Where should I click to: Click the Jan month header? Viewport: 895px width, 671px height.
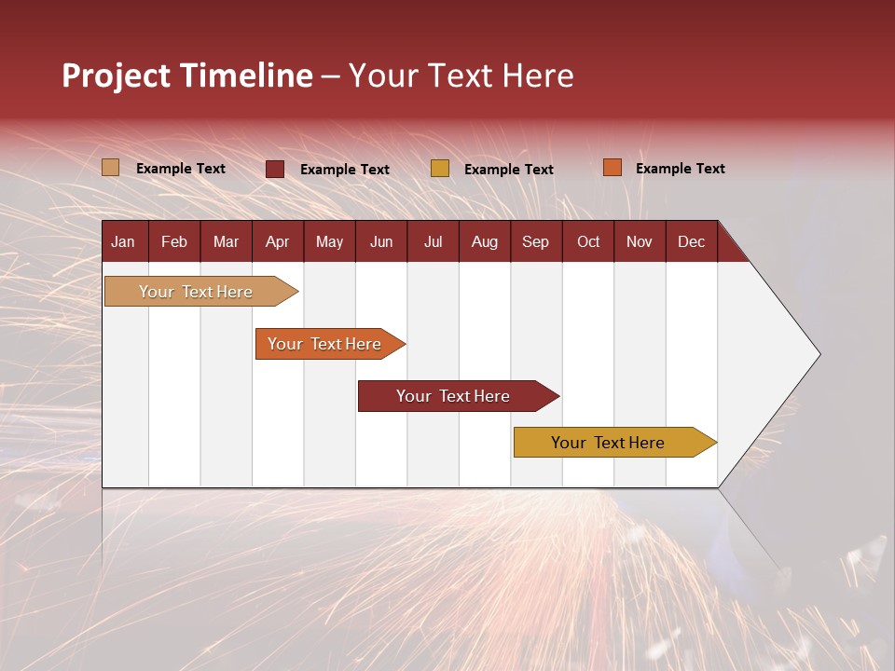coord(124,241)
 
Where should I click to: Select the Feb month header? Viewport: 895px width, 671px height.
coord(174,241)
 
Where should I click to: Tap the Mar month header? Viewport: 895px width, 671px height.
coord(226,241)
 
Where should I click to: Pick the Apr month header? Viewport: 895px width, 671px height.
coord(278,241)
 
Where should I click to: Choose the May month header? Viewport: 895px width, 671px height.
coord(329,241)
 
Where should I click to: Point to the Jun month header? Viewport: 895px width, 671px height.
coord(381,241)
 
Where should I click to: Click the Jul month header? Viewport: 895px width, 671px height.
coord(433,241)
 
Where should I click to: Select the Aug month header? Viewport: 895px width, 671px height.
coord(485,241)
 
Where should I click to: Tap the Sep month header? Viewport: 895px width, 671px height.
coord(536,241)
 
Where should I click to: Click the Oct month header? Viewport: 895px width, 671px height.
coord(588,241)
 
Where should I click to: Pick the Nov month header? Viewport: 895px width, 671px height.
coord(640,241)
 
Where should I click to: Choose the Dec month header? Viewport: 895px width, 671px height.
coord(692,241)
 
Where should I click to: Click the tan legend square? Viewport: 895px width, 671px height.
coord(111,168)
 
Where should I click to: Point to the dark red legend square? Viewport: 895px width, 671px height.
coord(275,169)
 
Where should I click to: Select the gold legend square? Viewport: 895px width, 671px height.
coord(440,169)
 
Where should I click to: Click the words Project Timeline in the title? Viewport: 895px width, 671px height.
coord(187,75)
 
